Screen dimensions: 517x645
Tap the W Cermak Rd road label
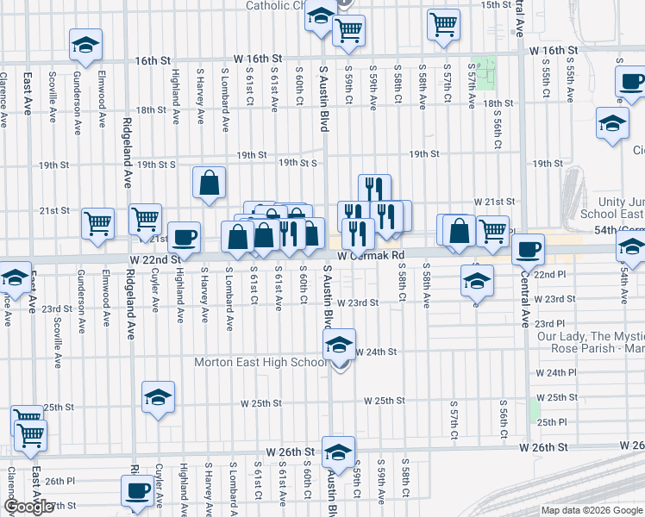[371, 256]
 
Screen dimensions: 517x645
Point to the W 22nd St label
[155, 258]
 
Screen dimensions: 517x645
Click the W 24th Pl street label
[555, 372]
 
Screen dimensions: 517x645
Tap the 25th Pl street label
[552, 422]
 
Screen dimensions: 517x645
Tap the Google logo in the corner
[28, 508]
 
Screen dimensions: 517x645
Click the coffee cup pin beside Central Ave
[528, 250]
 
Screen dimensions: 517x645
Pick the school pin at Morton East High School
[340, 346]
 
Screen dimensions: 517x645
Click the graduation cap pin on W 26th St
[338, 452]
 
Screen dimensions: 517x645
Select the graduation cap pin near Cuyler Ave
[158, 397]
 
